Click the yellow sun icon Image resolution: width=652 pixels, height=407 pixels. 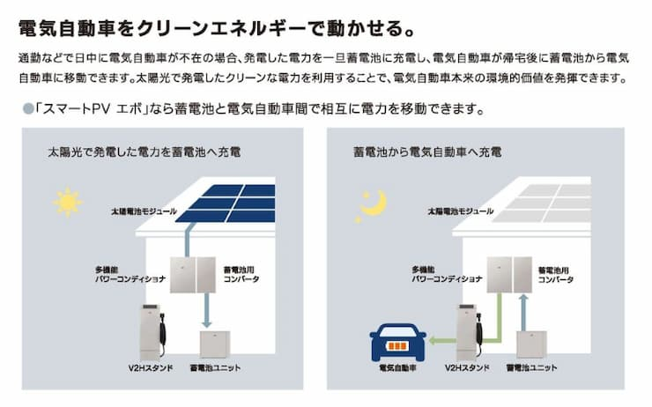click(x=68, y=202)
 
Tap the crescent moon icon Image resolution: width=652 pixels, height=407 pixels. click(x=374, y=204)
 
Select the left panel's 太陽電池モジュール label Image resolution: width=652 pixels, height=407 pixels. click(x=144, y=212)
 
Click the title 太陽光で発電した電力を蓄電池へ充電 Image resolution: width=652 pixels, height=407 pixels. click(x=145, y=152)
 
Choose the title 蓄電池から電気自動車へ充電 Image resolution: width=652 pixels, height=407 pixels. click(x=424, y=152)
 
